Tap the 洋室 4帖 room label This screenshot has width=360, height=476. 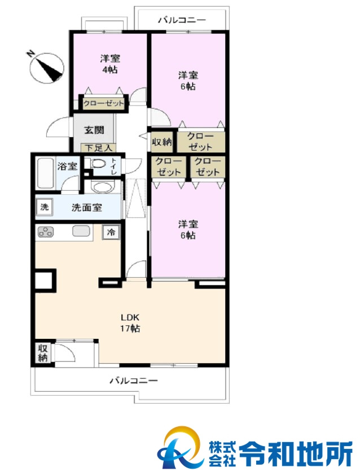coord(110,64)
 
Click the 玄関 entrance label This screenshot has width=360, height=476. coord(94,130)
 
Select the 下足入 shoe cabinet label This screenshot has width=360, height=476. coord(99,148)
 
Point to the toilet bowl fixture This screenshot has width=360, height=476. coord(98,164)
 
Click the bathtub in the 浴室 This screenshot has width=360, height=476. coord(46,173)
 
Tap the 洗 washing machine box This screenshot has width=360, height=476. coord(45,207)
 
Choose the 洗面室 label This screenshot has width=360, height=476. coord(87,207)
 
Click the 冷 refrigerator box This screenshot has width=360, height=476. coord(111,232)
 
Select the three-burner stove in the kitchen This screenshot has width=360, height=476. coord(45,232)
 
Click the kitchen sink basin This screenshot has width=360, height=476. coord(81,231)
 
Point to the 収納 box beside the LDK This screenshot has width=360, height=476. coord(43,353)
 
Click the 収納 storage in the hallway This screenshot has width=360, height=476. coord(162,142)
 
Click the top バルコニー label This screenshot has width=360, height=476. coord(182,20)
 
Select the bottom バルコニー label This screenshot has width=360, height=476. coord(134,381)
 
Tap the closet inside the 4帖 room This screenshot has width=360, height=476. coord(104,103)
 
